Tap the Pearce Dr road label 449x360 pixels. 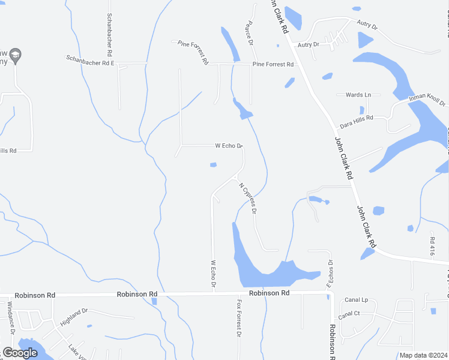click(247, 31)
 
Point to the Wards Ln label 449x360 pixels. click(358, 95)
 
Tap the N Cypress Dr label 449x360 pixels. click(248, 198)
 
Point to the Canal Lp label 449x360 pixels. click(356, 299)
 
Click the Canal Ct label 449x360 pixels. click(348, 314)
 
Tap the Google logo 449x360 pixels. click(20, 353)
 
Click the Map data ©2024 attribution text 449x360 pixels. click(423, 355)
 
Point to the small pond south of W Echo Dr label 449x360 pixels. click(212, 165)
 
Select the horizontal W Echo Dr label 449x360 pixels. click(229, 146)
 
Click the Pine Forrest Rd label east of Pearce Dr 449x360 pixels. click(273, 64)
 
